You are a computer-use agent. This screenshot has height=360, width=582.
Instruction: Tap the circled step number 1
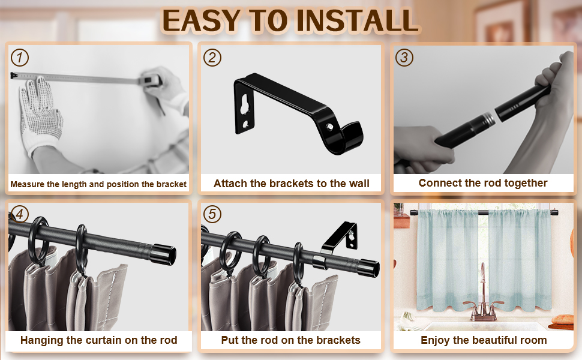[x=20, y=58]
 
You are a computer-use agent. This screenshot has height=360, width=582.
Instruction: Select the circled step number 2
[x=212, y=58]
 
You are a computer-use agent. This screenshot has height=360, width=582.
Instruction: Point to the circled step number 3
[x=404, y=58]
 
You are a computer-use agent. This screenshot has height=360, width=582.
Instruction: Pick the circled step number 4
[x=20, y=214]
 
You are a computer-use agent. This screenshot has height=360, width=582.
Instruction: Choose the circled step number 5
[x=212, y=214]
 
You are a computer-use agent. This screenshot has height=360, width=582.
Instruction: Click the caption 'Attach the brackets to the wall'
[x=291, y=184]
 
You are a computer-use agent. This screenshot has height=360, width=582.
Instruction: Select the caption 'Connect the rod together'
[x=483, y=183]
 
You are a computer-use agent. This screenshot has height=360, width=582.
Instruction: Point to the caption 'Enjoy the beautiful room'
[x=484, y=340]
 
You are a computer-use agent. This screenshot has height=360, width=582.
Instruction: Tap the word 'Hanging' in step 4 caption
[x=43, y=340]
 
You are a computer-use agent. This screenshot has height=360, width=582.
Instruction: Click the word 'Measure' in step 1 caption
[x=27, y=184]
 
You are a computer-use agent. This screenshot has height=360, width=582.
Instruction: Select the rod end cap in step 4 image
[x=163, y=253]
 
